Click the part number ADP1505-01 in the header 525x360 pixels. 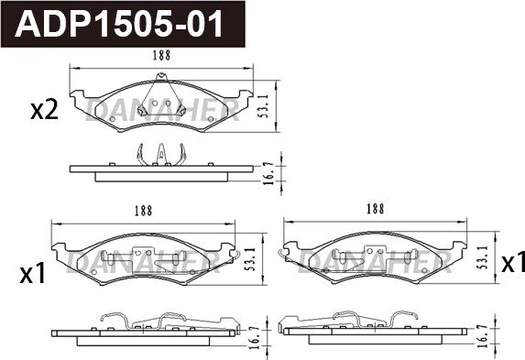pos(119,24)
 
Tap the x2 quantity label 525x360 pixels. pos(44,111)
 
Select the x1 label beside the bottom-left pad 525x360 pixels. pos(32,275)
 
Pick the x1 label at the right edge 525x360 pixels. pos(512,263)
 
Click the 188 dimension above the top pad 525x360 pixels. pos(162,55)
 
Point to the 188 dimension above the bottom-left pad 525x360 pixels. pos(143,211)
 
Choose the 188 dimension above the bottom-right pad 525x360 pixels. pos(375,209)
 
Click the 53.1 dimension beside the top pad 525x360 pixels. pos(265,105)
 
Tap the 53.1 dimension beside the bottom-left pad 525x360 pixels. pos(250,259)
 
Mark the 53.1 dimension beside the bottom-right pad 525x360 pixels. pos(482,257)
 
